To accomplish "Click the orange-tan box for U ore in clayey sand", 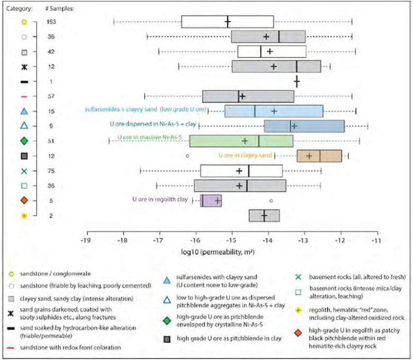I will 319,156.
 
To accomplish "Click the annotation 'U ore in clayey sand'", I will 245,156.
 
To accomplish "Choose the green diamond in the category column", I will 24,141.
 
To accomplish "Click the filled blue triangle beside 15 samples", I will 24,111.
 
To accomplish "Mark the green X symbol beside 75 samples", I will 24,171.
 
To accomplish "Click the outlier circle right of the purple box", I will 271,201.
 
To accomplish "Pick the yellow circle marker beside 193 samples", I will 24,22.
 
